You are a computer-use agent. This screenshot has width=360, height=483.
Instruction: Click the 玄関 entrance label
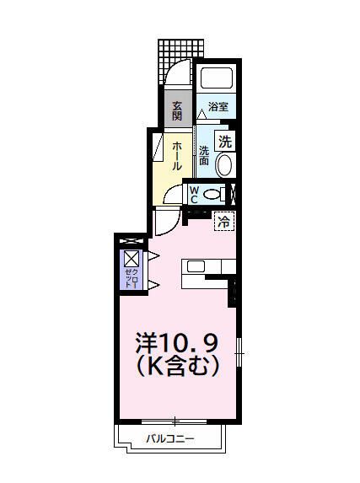click(x=177, y=111)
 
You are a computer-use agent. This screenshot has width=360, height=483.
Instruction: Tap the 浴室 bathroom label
click(x=219, y=107)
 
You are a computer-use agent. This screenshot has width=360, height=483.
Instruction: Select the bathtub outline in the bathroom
click(x=218, y=78)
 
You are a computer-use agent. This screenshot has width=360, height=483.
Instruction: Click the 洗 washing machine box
click(x=225, y=142)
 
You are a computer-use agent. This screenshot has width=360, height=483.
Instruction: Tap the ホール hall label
click(x=177, y=156)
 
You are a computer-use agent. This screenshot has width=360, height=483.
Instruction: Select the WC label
click(x=194, y=195)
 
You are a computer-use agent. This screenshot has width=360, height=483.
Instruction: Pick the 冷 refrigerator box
click(x=224, y=222)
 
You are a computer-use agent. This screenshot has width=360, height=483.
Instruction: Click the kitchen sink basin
click(x=195, y=267)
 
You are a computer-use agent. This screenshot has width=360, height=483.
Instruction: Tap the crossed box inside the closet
click(x=132, y=259)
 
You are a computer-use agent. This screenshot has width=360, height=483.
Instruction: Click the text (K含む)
click(x=178, y=367)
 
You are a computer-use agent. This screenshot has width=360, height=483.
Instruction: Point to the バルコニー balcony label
click(x=169, y=438)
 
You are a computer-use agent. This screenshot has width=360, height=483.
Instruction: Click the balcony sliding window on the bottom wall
click(x=176, y=420)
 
